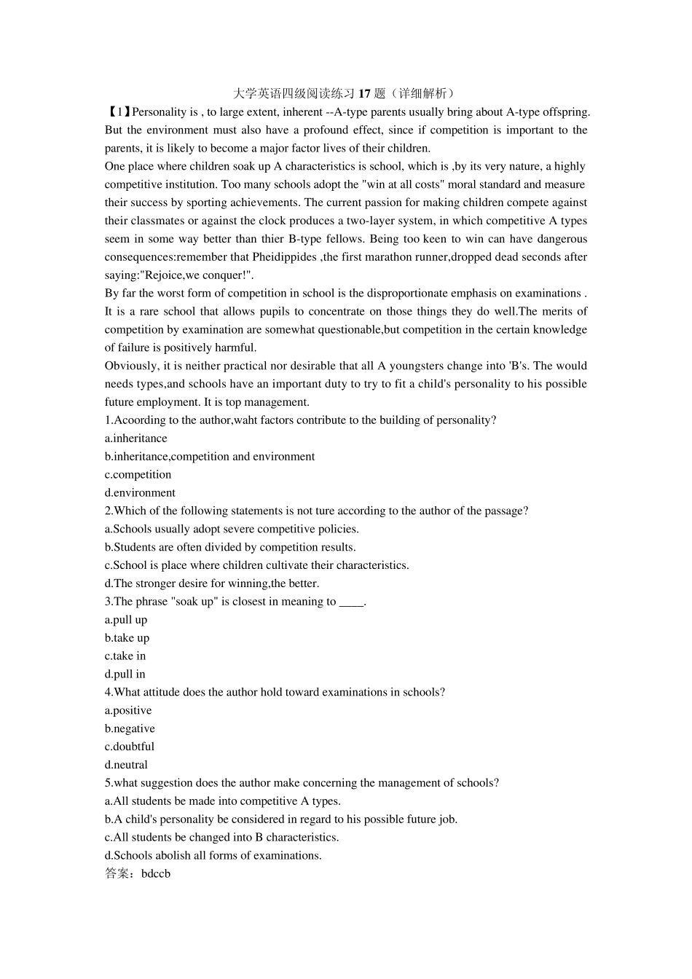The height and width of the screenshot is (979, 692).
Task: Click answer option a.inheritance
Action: click(136, 439)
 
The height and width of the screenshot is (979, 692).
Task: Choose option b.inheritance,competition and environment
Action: click(210, 457)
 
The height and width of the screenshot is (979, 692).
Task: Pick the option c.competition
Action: click(138, 475)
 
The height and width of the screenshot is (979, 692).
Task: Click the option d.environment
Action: click(140, 493)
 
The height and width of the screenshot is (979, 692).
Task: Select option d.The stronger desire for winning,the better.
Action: click(212, 583)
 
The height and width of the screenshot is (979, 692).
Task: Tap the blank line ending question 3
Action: click(352, 602)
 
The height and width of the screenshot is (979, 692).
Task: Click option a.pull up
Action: click(126, 620)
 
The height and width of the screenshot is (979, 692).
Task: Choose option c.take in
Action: click(125, 656)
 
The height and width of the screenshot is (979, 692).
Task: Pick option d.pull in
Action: click(125, 675)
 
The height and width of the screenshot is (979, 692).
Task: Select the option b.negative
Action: click(130, 728)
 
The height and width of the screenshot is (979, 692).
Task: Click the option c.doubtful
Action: click(130, 747)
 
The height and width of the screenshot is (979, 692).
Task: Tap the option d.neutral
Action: click(126, 765)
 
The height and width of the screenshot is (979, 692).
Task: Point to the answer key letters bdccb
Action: click(156, 874)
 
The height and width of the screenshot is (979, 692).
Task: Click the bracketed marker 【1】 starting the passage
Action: click(118, 112)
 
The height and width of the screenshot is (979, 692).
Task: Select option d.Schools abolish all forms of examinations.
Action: click(213, 856)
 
